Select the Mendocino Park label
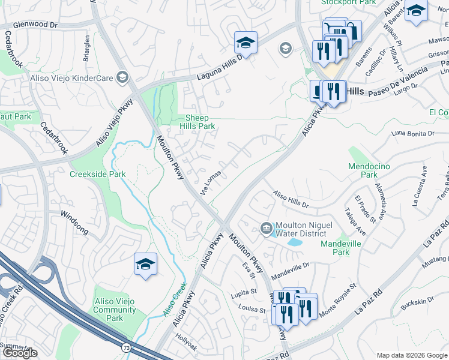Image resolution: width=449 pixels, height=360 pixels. coord(366,170)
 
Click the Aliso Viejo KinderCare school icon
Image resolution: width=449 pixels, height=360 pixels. coord(122,77)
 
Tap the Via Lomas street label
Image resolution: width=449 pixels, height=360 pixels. coord(211,181)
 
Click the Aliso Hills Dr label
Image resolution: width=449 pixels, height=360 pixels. coord(291,200)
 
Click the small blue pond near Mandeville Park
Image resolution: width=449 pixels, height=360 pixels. coord(294,243)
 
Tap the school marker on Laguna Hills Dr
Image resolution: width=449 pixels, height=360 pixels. coord(246,42)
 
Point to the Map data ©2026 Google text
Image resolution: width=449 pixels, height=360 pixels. coord(412,355)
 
